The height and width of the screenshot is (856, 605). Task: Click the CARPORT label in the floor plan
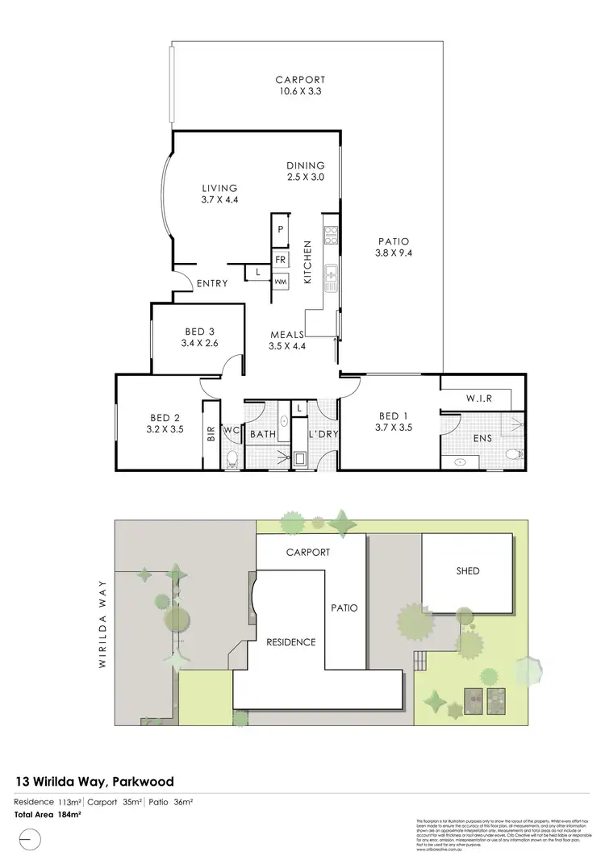pyautogui.click(x=300, y=80)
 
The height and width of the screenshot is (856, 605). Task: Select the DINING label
pyautogui.click(x=305, y=165)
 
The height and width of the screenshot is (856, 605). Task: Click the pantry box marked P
pyautogui.click(x=281, y=229)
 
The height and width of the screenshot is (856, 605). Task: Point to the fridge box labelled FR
pyautogui.click(x=281, y=260)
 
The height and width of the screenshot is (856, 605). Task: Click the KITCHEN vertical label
pyautogui.click(x=307, y=262)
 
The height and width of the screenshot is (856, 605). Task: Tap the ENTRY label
pyautogui.click(x=212, y=284)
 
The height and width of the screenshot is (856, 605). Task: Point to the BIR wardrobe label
pyautogui.click(x=211, y=434)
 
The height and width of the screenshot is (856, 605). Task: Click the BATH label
pyautogui.click(x=262, y=435)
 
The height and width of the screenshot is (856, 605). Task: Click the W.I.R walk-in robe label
pyautogui.click(x=478, y=399)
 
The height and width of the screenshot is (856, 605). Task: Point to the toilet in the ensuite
pyautogui.click(x=511, y=456)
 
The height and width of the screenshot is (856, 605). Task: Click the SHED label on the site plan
pyautogui.click(x=468, y=571)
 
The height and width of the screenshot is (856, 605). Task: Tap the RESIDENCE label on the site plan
pyautogui.click(x=291, y=642)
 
